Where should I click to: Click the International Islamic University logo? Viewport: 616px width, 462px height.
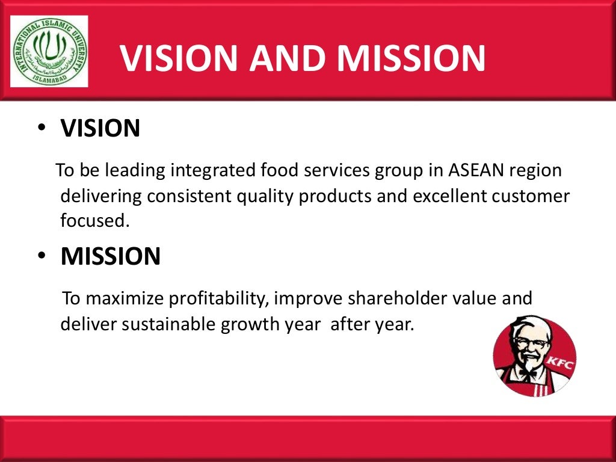(x=49, y=52)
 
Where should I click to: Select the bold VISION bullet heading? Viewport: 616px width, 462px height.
(x=100, y=128)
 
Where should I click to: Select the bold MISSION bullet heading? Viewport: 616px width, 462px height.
(x=111, y=257)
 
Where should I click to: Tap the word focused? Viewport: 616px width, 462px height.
(x=94, y=220)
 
